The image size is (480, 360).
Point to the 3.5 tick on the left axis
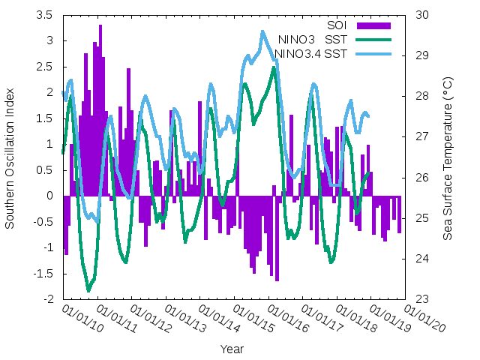point(44,15)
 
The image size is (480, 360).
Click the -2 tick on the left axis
point(48,299)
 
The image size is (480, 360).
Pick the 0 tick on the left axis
point(49,196)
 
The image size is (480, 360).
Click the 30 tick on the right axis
point(421,15)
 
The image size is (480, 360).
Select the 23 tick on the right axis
point(421,299)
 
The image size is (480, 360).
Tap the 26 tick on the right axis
point(421,178)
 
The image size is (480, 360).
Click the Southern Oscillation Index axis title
point(10,157)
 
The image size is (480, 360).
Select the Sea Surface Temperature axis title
point(448,157)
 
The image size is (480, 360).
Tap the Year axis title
point(232,349)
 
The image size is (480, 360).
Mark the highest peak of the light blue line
point(262,31)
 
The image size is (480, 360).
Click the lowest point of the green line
point(88,290)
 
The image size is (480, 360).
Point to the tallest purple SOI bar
point(100,25)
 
